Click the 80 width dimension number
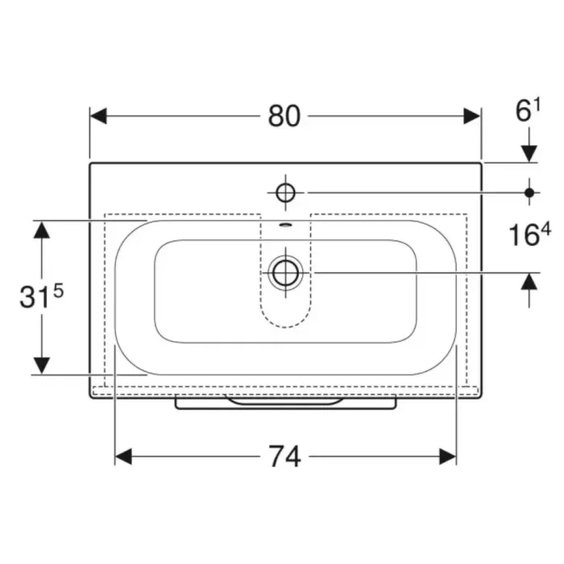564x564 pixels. click(284, 116)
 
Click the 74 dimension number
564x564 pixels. click(284, 457)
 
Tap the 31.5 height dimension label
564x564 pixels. click(41, 295)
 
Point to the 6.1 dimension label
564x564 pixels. click(528, 110)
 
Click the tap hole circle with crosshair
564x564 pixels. click(285, 193)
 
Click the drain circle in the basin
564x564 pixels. click(285, 272)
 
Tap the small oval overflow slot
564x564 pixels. click(285, 225)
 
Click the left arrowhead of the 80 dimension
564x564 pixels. click(98, 116)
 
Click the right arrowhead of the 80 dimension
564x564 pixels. click(472, 116)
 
